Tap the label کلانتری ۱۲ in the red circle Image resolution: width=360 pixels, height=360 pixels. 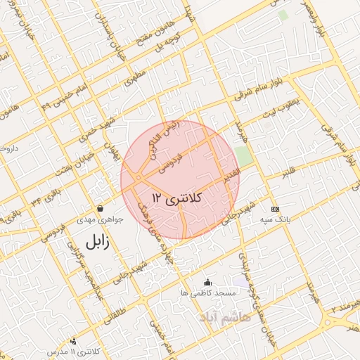pos(176,199)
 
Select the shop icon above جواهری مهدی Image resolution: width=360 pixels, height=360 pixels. pos(100,209)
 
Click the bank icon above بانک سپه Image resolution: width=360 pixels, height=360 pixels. pos(275,210)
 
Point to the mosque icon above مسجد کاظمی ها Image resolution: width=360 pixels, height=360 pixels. pos(207,283)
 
